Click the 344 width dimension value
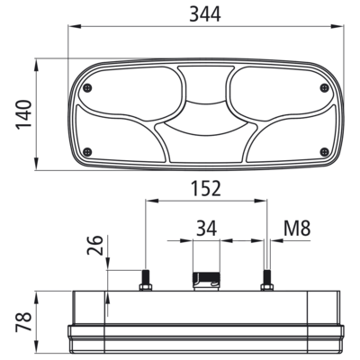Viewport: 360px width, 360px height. coord(205,13)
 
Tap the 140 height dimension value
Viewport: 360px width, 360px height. coord(23,114)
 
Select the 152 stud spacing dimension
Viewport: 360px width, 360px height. coord(206,188)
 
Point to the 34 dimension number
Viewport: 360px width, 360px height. coord(206,228)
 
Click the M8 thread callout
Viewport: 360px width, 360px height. coord(297,228)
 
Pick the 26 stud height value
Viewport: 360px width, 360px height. coord(94,245)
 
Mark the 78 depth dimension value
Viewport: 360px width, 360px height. coord(23,321)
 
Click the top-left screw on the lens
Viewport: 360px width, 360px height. coord(87,88)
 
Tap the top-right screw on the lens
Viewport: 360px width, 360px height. coord(324,88)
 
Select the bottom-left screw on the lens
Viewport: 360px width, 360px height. coord(87,152)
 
